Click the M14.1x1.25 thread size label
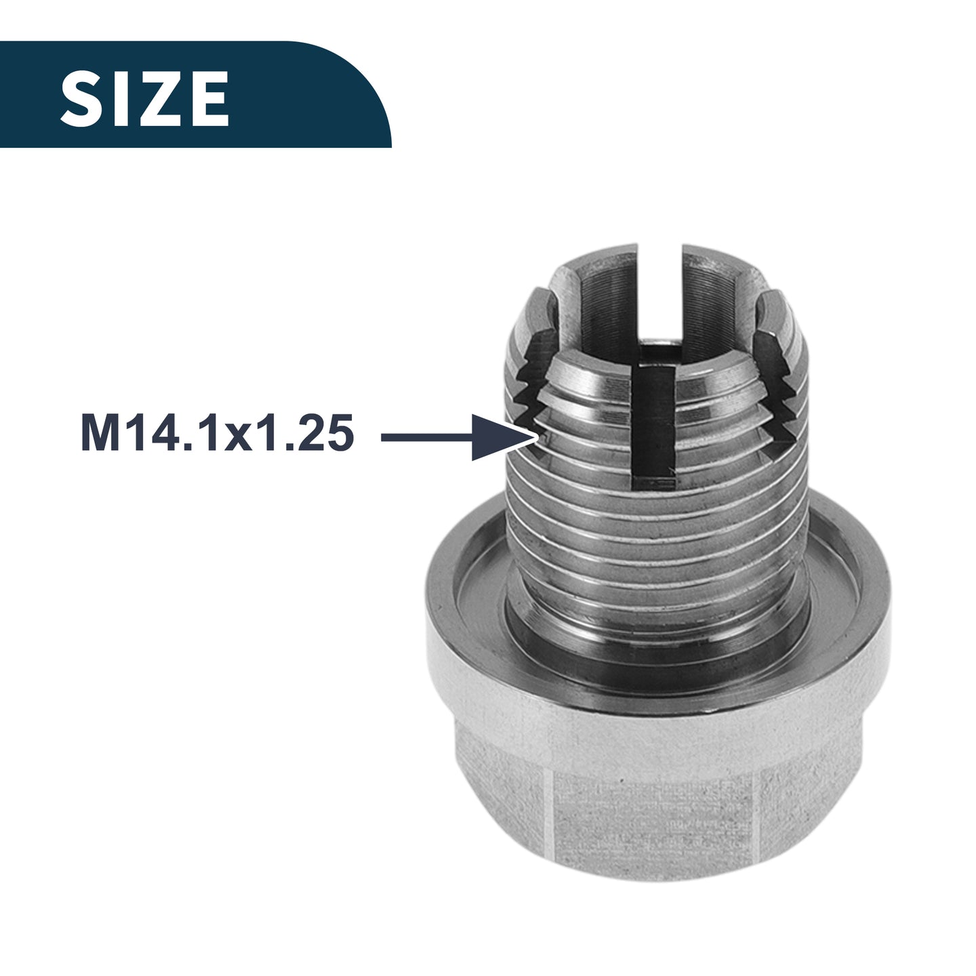click(x=218, y=434)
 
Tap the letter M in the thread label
click(x=99, y=434)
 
